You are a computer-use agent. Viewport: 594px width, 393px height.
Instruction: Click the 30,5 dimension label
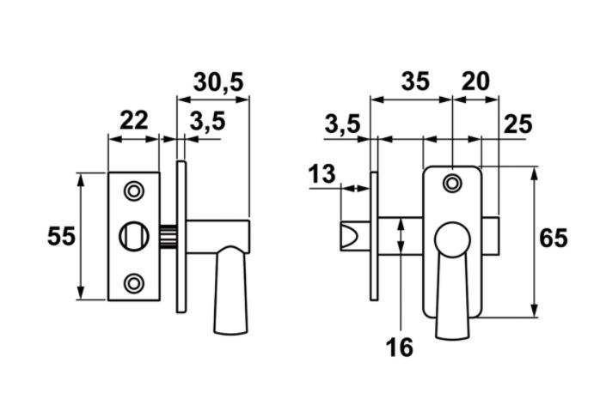218,82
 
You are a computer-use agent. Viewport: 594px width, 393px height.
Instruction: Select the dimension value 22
133,121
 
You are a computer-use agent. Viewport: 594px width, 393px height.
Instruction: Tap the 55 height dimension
61,237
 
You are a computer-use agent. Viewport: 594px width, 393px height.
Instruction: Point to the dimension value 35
415,81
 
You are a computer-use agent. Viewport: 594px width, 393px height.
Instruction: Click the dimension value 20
475,81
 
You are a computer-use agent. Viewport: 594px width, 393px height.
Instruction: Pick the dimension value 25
517,124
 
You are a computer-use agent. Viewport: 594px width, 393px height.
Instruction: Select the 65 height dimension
554,239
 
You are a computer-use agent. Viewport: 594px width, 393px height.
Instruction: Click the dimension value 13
321,174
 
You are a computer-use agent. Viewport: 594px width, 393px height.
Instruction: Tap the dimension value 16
399,348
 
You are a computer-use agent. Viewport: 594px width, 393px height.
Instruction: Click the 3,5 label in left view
207,121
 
